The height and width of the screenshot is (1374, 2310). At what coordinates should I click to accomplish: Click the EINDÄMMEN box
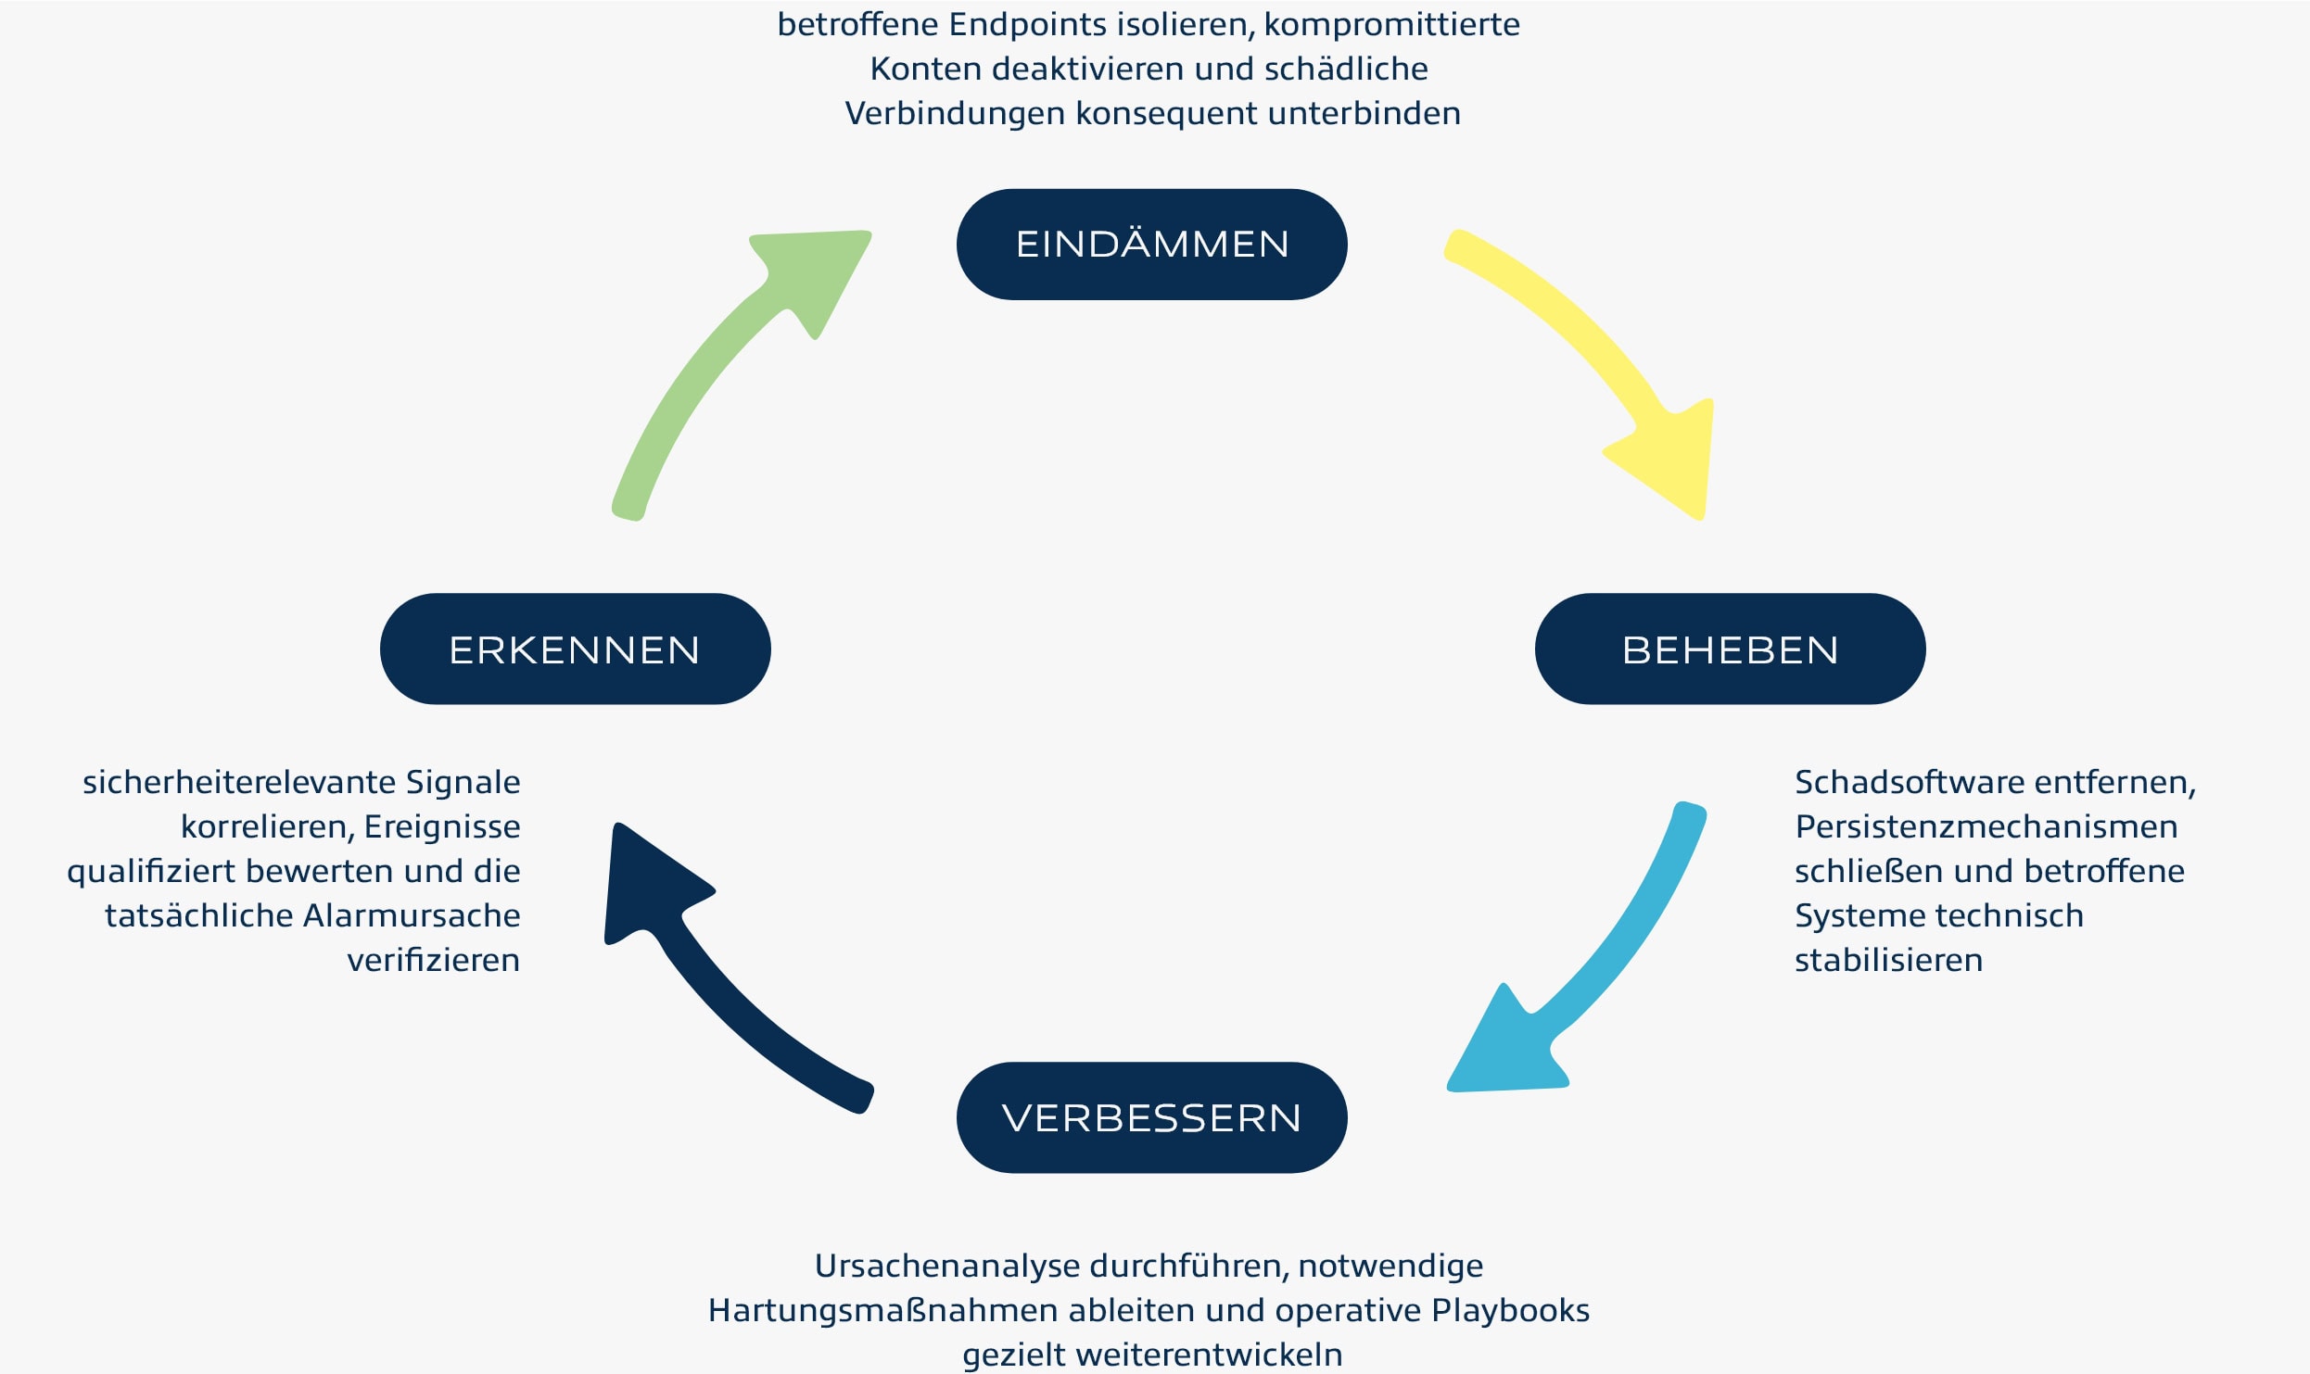(1151, 245)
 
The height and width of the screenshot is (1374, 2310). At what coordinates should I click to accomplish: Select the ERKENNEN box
(575, 649)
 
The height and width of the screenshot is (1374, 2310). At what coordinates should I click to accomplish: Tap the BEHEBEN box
(1730, 649)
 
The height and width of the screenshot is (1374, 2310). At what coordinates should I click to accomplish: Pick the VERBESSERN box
(1151, 1117)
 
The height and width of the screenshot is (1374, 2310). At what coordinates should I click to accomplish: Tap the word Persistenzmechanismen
(1986, 827)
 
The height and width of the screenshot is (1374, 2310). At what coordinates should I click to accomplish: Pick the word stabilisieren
(1888, 961)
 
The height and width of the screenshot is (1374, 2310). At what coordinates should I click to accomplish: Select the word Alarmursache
(412, 916)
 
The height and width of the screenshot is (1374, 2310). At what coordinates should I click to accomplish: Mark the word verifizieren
(433, 961)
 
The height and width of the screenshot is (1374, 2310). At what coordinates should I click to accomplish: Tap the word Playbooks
(1510, 1311)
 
